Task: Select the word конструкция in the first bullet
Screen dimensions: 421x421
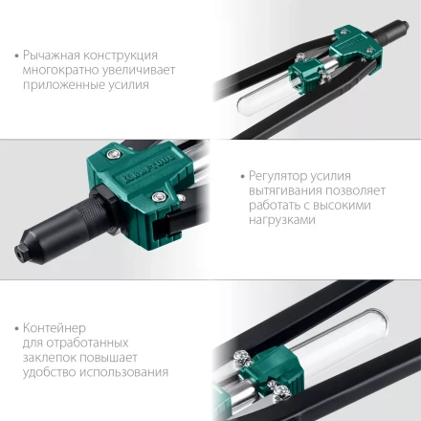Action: pos(124,55)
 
